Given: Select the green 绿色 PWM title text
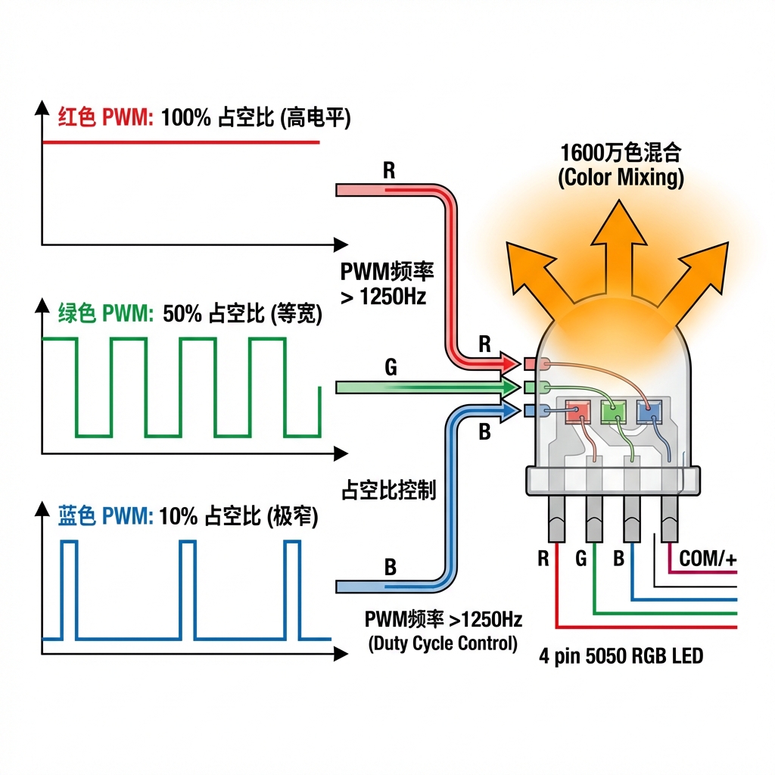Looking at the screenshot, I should (x=106, y=313).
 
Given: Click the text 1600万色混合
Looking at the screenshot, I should (x=621, y=152).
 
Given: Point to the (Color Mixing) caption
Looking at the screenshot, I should (x=621, y=178).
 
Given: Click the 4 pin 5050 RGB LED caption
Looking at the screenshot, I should (x=621, y=655).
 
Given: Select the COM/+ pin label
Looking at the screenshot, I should (x=708, y=559).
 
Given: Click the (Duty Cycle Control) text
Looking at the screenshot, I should (x=443, y=644).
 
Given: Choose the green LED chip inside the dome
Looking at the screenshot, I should (x=613, y=412).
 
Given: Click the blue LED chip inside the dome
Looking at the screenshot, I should (x=648, y=412).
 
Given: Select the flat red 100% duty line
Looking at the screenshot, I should (x=182, y=142).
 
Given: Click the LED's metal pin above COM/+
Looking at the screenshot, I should (x=670, y=520).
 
